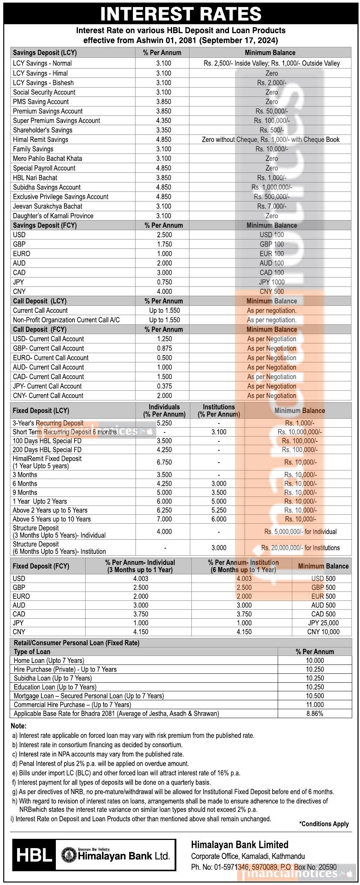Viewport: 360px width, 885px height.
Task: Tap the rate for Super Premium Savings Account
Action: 164,121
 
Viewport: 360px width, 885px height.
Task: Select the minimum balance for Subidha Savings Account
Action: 271,187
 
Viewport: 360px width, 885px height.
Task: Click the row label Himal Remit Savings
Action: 41,140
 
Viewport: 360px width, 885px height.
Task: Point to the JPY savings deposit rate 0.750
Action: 164,282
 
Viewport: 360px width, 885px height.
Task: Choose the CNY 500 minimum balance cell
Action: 271,292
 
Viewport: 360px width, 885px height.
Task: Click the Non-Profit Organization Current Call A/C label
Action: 66,320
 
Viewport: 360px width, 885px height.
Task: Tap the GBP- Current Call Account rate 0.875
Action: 164,348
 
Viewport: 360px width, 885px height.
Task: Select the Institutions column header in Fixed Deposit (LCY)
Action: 219,410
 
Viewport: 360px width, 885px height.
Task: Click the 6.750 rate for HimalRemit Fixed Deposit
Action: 164,462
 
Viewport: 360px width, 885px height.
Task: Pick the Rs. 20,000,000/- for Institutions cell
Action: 300,548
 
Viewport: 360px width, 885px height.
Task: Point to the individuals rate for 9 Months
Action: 164,492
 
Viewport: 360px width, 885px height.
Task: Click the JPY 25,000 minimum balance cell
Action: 323,623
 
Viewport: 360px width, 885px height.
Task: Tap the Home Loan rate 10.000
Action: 315,660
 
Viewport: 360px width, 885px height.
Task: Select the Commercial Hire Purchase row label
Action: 72,705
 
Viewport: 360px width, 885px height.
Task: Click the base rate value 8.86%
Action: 315,714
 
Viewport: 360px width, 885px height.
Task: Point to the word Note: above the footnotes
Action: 19,726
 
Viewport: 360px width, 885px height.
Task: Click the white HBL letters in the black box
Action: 34,855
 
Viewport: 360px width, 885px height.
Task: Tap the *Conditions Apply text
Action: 324,824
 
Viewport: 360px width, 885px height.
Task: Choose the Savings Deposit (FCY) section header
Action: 45,225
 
